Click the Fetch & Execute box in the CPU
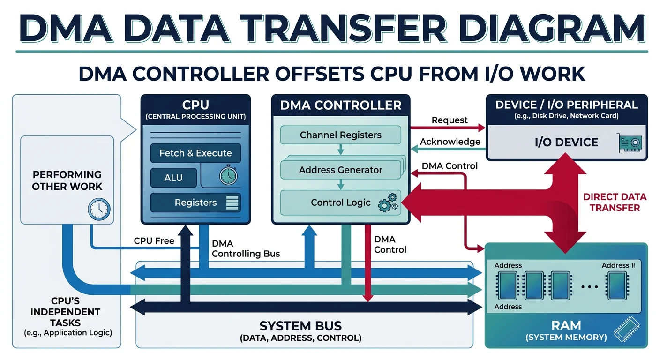[x=195, y=153]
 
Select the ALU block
[x=173, y=178]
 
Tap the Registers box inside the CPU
[x=195, y=202]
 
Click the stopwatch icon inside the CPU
[x=228, y=176]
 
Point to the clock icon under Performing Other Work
[x=99, y=208]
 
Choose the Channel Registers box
[x=340, y=135]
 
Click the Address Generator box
[x=340, y=170]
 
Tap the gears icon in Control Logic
[x=388, y=202]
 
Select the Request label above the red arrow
[x=450, y=120]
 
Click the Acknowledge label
[x=450, y=142]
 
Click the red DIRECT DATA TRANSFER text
[x=615, y=202]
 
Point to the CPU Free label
[x=154, y=241]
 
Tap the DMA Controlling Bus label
[x=246, y=249]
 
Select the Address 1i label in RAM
[x=618, y=265]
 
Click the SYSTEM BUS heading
[x=300, y=326]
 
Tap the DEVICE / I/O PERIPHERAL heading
[x=566, y=105]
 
